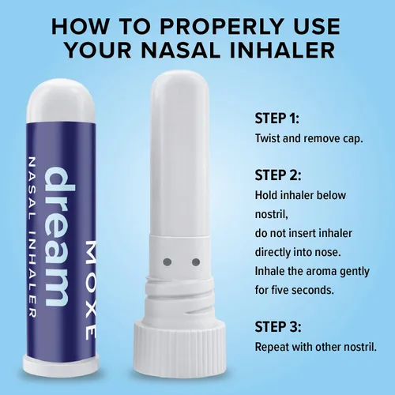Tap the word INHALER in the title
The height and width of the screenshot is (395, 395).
(x=282, y=50)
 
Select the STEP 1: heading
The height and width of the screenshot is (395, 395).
(x=276, y=118)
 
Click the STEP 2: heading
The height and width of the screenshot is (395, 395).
(x=277, y=175)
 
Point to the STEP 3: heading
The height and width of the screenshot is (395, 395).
(x=277, y=327)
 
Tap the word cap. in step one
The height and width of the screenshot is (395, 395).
(x=353, y=139)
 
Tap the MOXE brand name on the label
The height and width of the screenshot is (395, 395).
(x=91, y=290)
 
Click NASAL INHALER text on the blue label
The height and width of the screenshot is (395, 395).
(x=32, y=237)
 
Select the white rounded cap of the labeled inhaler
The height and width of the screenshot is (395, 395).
(x=61, y=101)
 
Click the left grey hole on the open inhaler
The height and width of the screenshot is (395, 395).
(x=167, y=262)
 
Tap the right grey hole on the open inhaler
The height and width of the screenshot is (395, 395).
(x=196, y=262)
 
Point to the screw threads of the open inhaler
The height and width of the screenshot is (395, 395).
(x=180, y=296)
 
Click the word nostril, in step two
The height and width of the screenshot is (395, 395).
(x=272, y=214)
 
